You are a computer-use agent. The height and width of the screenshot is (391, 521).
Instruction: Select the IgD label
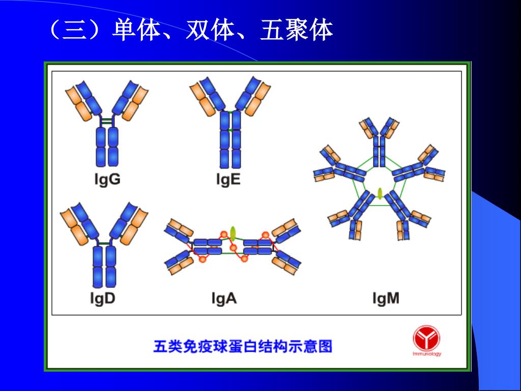(103, 298)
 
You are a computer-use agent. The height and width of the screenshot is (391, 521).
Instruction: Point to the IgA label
(224, 298)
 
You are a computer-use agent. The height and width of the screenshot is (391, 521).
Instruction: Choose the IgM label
(386, 298)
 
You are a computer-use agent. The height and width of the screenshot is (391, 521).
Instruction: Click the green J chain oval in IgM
(380, 193)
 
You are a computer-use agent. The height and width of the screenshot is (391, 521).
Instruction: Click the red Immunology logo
(426, 340)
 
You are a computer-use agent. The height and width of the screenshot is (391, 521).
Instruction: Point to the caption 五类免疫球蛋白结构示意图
(243, 347)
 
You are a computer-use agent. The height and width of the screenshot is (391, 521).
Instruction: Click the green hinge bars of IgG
(107, 122)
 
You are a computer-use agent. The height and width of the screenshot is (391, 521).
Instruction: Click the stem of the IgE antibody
(229, 140)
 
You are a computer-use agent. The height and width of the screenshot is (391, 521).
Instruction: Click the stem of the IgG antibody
(107, 147)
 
